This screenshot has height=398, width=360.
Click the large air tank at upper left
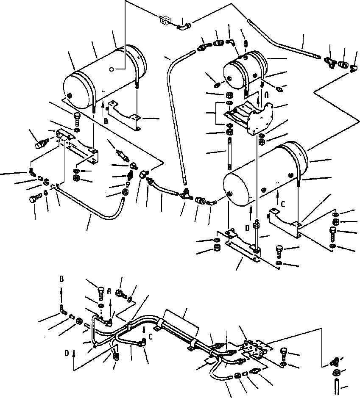pyautogui.click(x=104, y=76)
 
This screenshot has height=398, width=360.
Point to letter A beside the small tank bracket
pyautogui.click(x=267, y=96)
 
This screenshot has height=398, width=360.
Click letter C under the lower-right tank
pyautogui.click(x=283, y=204)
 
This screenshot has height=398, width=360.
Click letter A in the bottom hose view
pyautogui.click(x=109, y=291)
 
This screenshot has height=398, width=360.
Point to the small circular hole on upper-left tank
pyautogui.click(x=111, y=69)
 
